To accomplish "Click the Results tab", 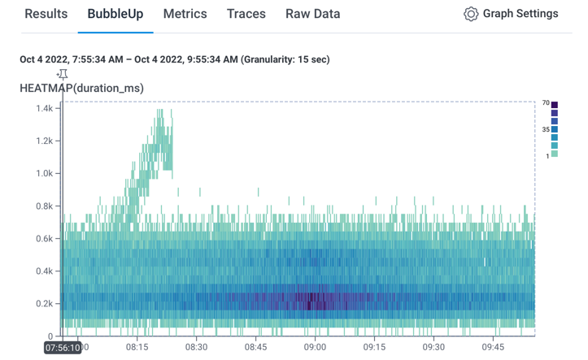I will point(46,14).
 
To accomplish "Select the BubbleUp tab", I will point(115,14).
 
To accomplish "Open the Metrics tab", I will point(185,14).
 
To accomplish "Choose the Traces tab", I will point(246,14).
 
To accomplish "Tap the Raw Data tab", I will point(313,14).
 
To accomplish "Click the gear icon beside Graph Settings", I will point(470,14).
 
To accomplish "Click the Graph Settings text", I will point(520,14).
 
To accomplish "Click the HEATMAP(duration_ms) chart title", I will point(81,88).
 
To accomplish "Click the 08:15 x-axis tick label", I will point(137,346).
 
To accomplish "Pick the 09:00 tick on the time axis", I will point(315,346).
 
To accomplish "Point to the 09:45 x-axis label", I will point(493,346).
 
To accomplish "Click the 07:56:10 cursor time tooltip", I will point(62,347).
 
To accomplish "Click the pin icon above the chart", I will point(62,76).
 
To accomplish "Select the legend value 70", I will point(546,103).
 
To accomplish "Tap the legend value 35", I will point(546,129).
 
